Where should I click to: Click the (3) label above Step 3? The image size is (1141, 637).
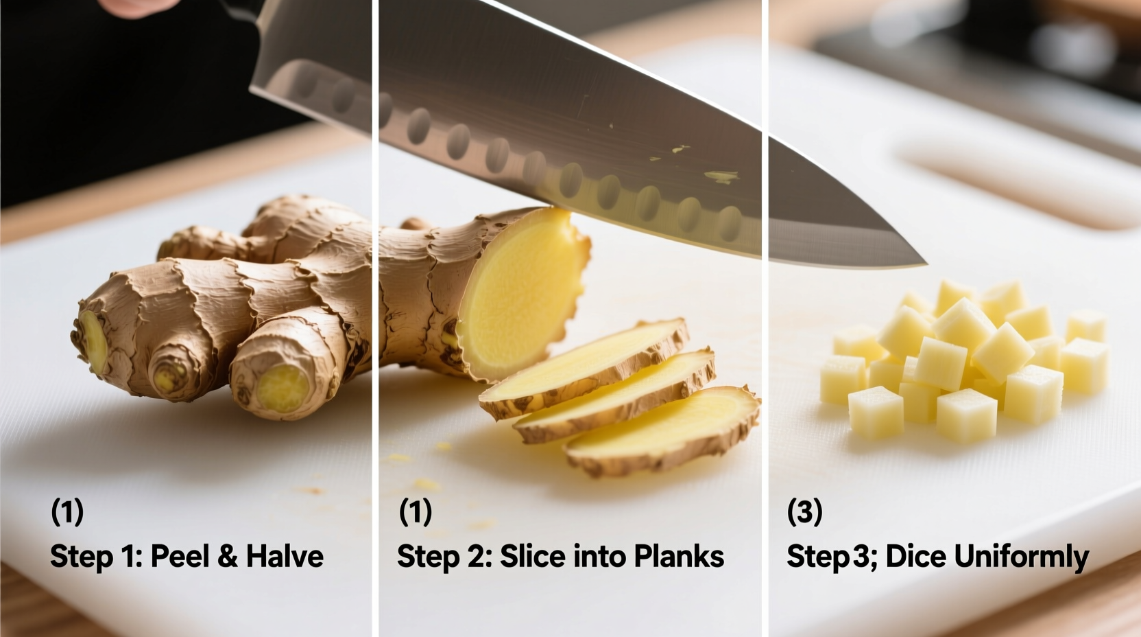click(804, 512)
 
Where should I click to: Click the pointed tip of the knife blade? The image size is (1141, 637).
click(922, 262)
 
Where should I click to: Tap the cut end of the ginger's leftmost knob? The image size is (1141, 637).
click(93, 341)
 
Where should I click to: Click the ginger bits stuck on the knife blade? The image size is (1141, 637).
click(720, 176)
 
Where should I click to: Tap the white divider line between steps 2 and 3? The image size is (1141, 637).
click(765, 343)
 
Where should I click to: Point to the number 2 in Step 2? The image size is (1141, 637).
click(475, 556)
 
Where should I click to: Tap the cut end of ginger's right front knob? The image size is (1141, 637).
click(283, 388)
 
